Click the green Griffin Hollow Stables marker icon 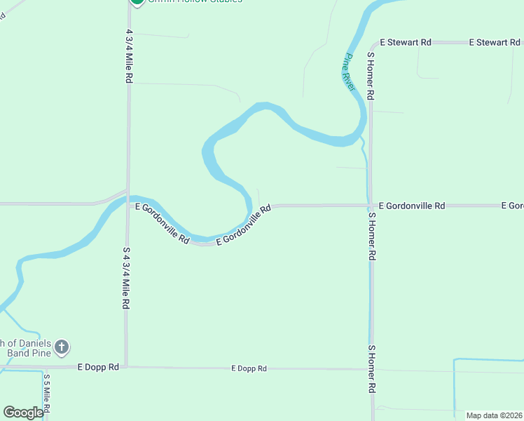point(137,2)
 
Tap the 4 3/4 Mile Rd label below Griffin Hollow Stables point(130,57)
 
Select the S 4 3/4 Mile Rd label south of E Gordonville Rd point(127,279)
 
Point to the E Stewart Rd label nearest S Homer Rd point(406,43)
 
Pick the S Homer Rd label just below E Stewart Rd point(371,75)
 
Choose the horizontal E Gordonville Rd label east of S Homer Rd point(411,206)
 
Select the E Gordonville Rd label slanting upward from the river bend point(244,225)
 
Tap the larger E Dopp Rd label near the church point(99,367)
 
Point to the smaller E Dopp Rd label point(249,368)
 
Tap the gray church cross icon point(62,347)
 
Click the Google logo point(23,413)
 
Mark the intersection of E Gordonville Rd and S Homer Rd point(371,206)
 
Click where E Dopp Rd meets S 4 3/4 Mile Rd point(127,366)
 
